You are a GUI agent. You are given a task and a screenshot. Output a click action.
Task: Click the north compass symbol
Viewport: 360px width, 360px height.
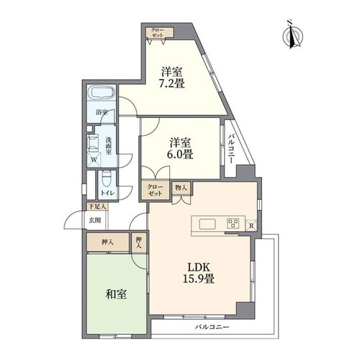(x=292, y=36)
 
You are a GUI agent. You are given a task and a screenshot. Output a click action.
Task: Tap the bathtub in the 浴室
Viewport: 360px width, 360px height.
(x=101, y=93)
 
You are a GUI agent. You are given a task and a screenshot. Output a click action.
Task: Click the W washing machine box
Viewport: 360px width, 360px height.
(x=94, y=160)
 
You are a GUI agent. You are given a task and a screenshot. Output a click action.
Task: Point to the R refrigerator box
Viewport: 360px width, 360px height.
(x=251, y=225)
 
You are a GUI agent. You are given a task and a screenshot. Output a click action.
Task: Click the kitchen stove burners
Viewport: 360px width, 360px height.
(x=233, y=224)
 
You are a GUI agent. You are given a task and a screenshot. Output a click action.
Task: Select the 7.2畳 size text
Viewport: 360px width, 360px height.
(x=171, y=84)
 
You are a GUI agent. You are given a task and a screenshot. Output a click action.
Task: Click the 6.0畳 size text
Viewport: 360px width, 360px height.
(x=180, y=154)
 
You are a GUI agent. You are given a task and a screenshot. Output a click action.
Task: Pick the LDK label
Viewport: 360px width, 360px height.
(x=199, y=267)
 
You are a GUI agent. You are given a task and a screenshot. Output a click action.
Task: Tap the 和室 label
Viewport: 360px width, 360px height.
(x=116, y=294)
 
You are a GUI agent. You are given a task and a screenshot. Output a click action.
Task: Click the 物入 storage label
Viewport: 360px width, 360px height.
(x=181, y=188)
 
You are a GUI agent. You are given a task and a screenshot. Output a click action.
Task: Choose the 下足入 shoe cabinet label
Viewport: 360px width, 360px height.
(x=97, y=207)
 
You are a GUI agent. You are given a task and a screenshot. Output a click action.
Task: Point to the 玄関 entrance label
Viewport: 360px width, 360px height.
(x=95, y=220)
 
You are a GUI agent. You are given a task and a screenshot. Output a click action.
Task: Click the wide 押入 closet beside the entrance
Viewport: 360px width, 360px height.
(x=108, y=243)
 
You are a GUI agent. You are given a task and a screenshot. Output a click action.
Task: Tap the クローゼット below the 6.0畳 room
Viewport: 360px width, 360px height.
(x=156, y=190)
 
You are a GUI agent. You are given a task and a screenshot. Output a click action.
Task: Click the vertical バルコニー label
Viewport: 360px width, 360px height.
(x=231, y=149)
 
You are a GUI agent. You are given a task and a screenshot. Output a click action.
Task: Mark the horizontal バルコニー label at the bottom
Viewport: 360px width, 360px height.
(x=212, y=327)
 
